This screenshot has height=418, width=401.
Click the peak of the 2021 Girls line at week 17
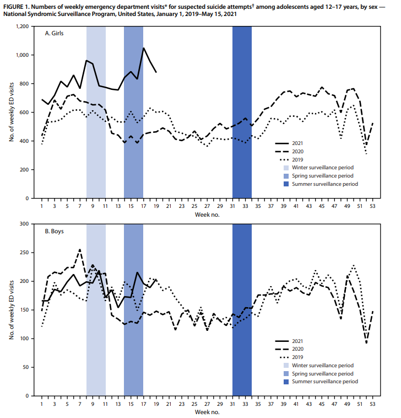point(144,48)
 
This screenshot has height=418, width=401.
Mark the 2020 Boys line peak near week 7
point(80,249)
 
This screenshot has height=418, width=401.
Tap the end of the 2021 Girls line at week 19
point(156,72)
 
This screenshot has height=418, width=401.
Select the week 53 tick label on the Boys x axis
point(373,404)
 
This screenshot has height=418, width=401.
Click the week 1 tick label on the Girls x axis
point(42,207)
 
